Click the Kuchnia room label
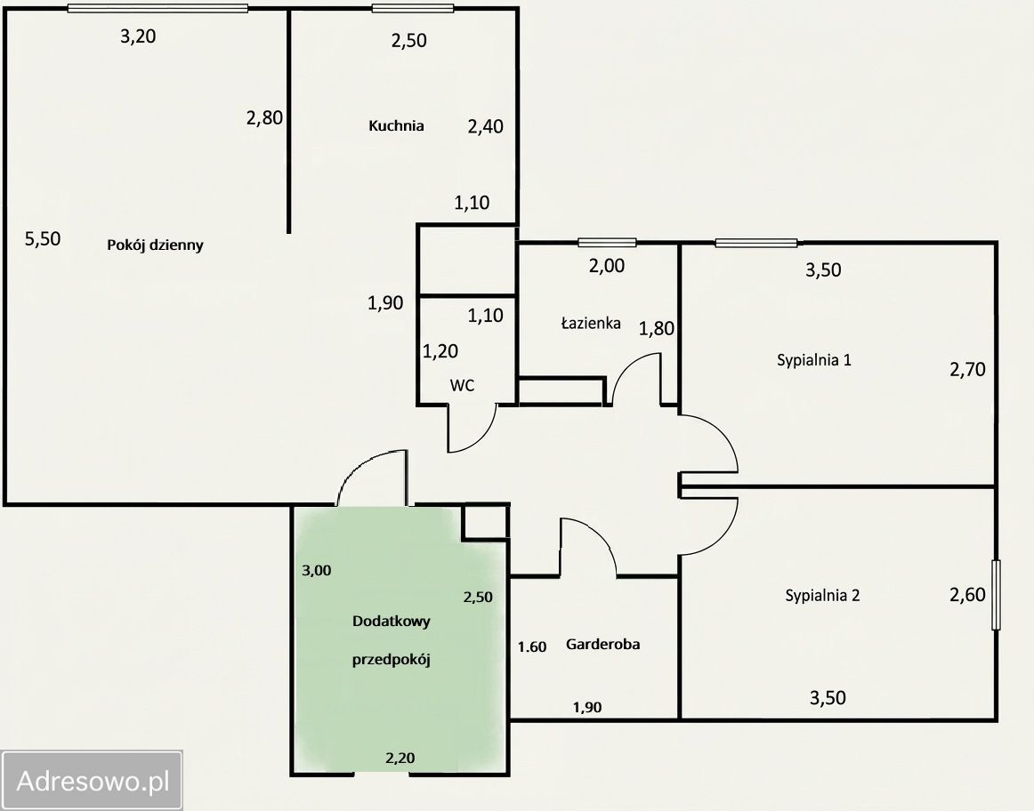click(x=396, y=125)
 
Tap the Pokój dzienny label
click(x=155, y=245)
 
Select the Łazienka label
click(x=590, y=323)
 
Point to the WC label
click(x=462, y=385)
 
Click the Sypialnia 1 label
click(x=813, y=360)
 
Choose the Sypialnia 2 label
click(x=822, y=596)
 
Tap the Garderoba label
click(x=602, y=645)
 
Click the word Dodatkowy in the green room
click(x=391, y=622)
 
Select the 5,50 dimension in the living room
click(x=43, y=238)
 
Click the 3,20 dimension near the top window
click(x=138, y=36)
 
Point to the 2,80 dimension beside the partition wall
click(x=264, y=118)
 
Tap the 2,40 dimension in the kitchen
click(x=485, y=126)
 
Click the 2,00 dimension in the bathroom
click(x=607, y=266)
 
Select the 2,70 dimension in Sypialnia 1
click(x=967, y=370)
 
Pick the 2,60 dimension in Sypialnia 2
click(x=967, y=595)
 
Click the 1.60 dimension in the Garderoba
click(x=531, y=647)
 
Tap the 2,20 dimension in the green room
click(x=400, y=759)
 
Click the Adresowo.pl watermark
click(x=92, y=781)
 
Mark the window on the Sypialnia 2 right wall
click(x=996, y=595)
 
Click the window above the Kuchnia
click(x=413, y=9)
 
